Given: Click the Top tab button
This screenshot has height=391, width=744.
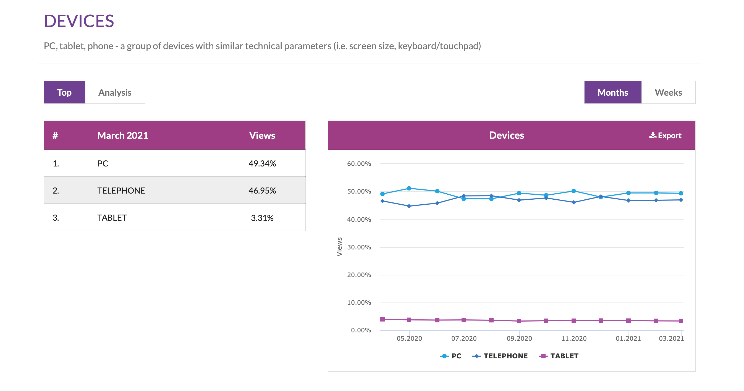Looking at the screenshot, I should tap(64, 92).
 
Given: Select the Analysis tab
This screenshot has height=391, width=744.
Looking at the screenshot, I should tap(115, 92).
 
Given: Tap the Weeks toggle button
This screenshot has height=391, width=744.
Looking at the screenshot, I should tap(668, 92).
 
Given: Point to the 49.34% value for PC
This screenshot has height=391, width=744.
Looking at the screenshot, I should tap(262, 164).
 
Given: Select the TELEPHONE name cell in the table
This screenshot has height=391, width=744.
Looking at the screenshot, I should tap(121, 191).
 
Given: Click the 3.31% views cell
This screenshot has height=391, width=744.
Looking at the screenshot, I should tap(262, 218).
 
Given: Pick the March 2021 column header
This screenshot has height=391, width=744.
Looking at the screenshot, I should tap(122, 135).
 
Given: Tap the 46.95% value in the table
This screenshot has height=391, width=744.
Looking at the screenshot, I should tap(262, 191).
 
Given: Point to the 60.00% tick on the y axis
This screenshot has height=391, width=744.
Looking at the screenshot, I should tap(359, 164).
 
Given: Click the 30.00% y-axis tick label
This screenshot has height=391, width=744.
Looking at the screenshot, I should tap(359, 247).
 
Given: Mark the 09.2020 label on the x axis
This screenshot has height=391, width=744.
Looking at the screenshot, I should tap(519, 338).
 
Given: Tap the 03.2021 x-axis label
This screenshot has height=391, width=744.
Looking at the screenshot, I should tap(671, 338).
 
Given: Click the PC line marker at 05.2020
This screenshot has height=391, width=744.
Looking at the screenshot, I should tap(409, 188).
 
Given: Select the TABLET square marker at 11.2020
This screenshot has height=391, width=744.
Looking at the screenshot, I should tap(573, 321).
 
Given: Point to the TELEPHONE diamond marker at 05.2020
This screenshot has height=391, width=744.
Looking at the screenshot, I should tap(409, 206).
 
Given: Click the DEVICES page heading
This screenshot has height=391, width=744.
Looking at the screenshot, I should tap(79, 21).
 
